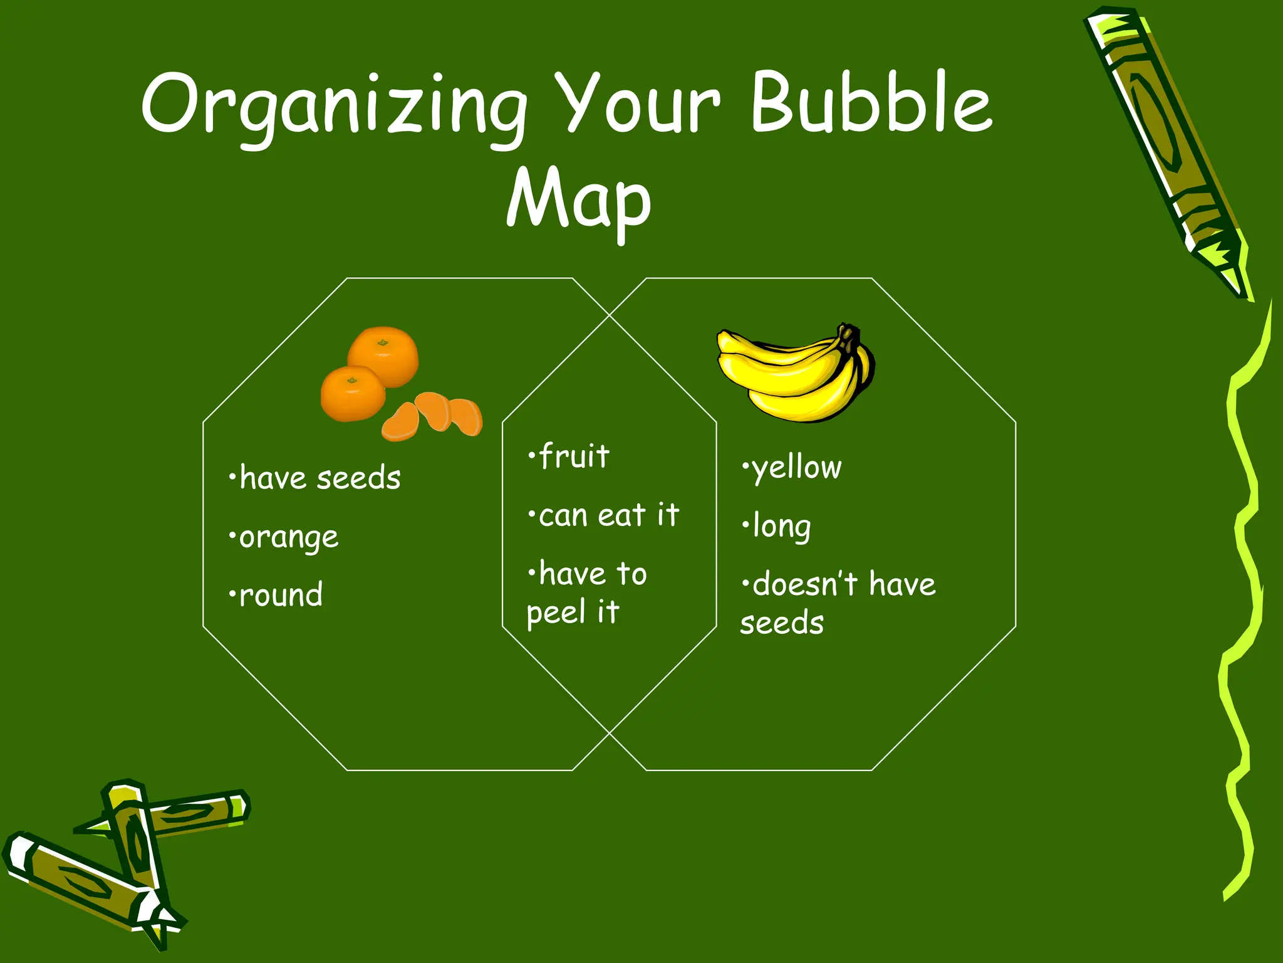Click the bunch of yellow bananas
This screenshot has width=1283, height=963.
pyautogui.click(x=796, y=373)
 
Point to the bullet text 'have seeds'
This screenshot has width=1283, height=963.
pyautogui.click(x=319, y=478)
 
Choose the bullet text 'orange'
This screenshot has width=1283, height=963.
pyautogui.click(x=288, y=538)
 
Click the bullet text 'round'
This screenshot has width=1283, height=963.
pyautogui.click(x=281, y=595)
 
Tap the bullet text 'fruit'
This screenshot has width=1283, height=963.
pyautogui.click(x=573, y=456)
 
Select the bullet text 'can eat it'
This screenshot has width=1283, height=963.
pyautogui.click(x=608, y=515)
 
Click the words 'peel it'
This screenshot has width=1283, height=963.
pyautogui.click(x=573, y=612)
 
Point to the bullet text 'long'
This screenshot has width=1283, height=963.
pyautogui.click(x=781, y=527)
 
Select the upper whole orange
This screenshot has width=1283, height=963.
pyautogui.click(x=383, y=355)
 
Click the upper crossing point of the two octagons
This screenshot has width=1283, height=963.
pyautogui.click(x=610, y=315)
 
